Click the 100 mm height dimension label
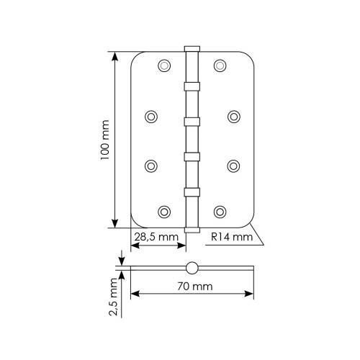tap(105, 140)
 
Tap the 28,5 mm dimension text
tap(156, 237)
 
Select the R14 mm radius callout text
tap(232, 237)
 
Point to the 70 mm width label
tap(195, 287)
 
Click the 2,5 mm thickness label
tap(113, 297)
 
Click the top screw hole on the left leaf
tap(164, 66)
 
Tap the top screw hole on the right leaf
tap(220, 66)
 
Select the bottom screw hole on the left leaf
tap(164, 212)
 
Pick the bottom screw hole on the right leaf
tap(220, 212)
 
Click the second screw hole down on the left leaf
tap(151, 117)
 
